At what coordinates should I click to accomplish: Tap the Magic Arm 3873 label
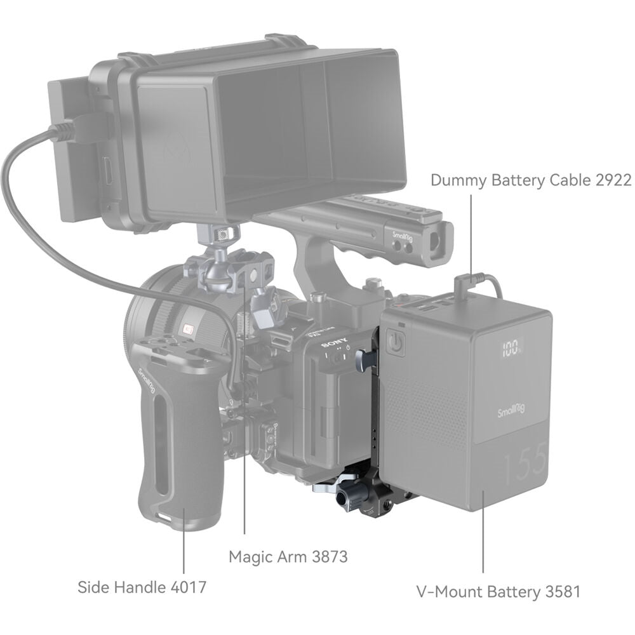click(x=288, y=557)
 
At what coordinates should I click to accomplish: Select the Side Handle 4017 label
click(x=142, y=586)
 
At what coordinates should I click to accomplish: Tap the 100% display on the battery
click(x=511, y=349)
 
